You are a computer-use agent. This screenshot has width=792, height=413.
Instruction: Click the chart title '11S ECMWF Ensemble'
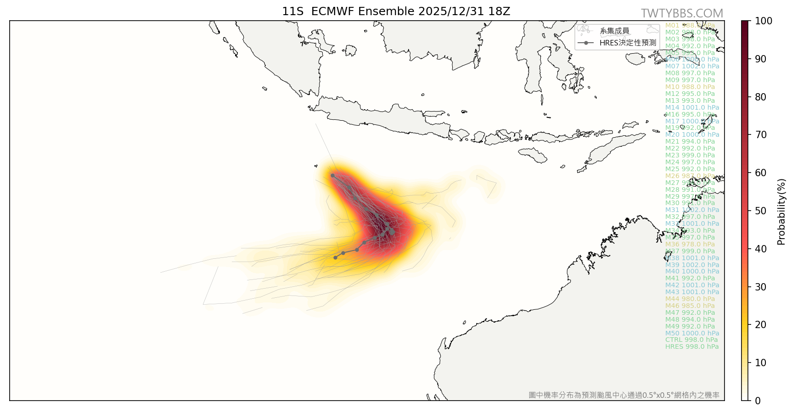click(396, 11)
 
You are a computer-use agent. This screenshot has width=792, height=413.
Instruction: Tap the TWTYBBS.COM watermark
click(681, 13)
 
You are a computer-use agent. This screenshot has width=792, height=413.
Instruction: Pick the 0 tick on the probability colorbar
click(758, 401)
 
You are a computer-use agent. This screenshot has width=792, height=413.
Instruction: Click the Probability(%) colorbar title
click(781, 212)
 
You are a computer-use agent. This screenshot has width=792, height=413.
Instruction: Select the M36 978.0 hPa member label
click(690, 244)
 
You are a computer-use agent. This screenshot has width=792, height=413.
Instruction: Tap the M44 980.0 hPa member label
click(690, 299)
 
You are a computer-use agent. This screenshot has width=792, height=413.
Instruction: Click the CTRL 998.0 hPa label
click(691, 340)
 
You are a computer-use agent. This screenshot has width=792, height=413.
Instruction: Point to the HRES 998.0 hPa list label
click(692, 346)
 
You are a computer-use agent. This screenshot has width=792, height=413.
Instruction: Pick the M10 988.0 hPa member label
click(690, 87)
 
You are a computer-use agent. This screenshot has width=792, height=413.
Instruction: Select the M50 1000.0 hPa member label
click(692, 333)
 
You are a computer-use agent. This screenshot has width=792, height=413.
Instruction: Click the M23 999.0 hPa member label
click(690, 155)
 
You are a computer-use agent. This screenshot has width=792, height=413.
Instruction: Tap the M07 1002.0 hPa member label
click(692, 66)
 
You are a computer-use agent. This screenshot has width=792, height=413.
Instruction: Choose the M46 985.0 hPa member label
click(690, 306)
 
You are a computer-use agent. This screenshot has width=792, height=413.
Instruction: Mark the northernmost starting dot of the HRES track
click(332, 175)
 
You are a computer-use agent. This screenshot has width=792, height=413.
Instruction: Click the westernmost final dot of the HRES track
click(335, 257)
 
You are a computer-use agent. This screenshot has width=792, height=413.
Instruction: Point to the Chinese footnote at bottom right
click(624, 395)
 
